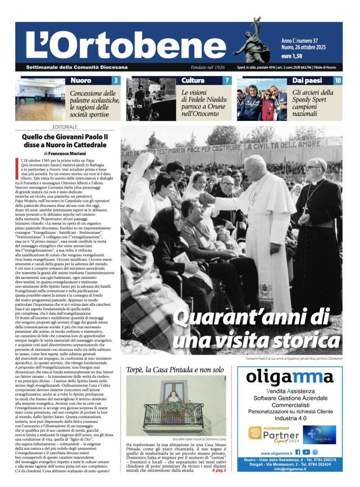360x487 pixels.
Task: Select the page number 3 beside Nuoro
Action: (x=116, y=81)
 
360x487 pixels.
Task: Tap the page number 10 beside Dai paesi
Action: (x=338, y=81)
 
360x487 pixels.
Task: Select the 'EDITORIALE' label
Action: (x=64, y=127)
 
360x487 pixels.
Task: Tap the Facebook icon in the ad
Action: (x=297, y=452)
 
